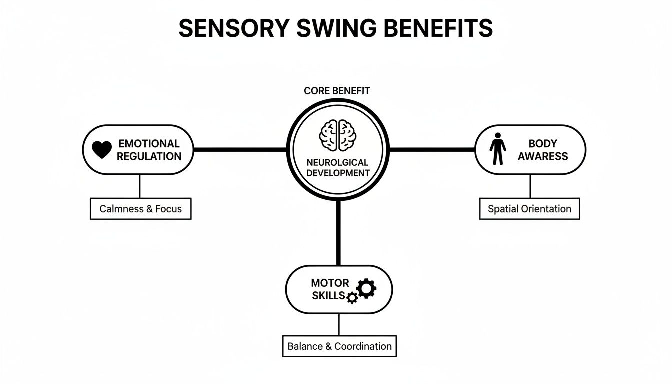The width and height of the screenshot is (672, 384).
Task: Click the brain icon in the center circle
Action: (x=338, y=135)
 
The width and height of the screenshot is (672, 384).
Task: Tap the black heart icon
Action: (x=102, y=150)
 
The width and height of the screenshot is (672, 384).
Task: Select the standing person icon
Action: (x=497, y=149)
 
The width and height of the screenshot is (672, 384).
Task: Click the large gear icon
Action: (x=366, y=288)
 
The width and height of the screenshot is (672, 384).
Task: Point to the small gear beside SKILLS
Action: (x=352, y=298)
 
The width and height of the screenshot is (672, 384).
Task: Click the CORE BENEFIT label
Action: (x=337, y=91)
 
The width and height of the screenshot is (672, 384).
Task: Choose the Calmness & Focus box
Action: (x=140, y=209)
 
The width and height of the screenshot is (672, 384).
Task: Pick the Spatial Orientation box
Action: (x=529, y=209)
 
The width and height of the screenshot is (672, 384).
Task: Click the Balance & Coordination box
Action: (x=339, y=346)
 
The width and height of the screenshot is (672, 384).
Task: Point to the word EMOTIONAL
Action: (x=149, y=144)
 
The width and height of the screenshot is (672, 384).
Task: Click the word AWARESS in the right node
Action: (x=542, y=156)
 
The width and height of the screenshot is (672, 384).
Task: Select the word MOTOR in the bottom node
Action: (x=330, y=283)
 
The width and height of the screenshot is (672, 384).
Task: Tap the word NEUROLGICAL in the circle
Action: (x=338, y=162)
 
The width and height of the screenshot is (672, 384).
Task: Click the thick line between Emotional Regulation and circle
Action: (x=240, y=149)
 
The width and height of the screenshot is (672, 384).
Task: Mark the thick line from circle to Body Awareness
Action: (x=431, y=149)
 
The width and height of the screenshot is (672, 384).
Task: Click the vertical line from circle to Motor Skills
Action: (x=338, y=232)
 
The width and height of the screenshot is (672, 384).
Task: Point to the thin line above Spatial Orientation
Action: (x=530, y=186)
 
